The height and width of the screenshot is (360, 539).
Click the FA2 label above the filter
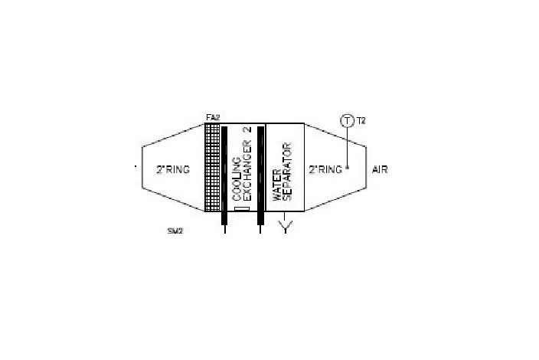pos(213,118)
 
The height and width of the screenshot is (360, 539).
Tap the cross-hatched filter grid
pos(212,167)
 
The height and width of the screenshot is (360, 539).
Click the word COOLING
pos(237,179)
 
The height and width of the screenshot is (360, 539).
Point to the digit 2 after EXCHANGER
pos(248,129)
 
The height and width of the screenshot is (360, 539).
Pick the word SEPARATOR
pos(287,172)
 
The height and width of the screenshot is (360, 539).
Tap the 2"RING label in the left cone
pos(173,169)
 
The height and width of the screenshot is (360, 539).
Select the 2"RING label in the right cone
pos(325,169)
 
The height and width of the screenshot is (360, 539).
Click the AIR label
pos(380,169)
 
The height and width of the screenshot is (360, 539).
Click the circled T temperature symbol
pos(347,121)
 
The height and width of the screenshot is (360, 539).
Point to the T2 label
pos(361,121)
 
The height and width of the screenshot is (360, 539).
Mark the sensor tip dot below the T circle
pos(347,169)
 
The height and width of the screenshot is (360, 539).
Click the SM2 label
pos(175,231)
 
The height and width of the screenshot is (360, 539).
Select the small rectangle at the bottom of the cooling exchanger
pos(242,208)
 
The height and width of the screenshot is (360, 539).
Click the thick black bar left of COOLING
pos(224,175)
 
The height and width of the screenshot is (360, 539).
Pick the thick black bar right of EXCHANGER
pos(260,175)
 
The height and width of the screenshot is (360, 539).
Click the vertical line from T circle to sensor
pos(347,147)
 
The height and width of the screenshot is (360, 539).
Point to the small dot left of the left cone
pos(136,166)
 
